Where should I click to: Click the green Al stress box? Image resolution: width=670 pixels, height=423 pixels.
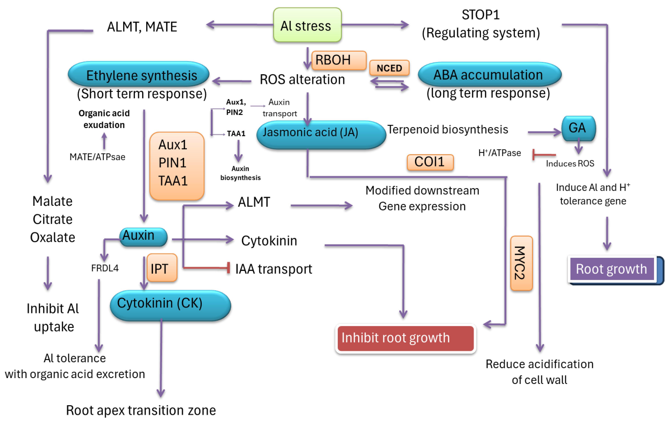click(x=307, y=25)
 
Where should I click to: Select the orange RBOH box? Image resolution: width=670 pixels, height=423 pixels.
click(x=339, y=60)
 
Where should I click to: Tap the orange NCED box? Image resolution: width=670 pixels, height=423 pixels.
click(x=389, y=68)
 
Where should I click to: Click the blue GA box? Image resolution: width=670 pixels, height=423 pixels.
click(x=578, y=128)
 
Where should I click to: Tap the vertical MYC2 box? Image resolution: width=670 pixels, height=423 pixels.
click(x=521, y=263)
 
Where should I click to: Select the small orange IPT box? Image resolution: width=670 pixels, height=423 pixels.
click(x=162, y=268)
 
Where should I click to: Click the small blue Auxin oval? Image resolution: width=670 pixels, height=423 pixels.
click(x=143, y=237)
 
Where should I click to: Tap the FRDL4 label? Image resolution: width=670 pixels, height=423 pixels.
click(x=105, y=268)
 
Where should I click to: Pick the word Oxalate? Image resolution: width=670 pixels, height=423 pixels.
click(x=53, y=238)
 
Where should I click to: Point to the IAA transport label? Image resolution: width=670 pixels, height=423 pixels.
click(x=274, y=269)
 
